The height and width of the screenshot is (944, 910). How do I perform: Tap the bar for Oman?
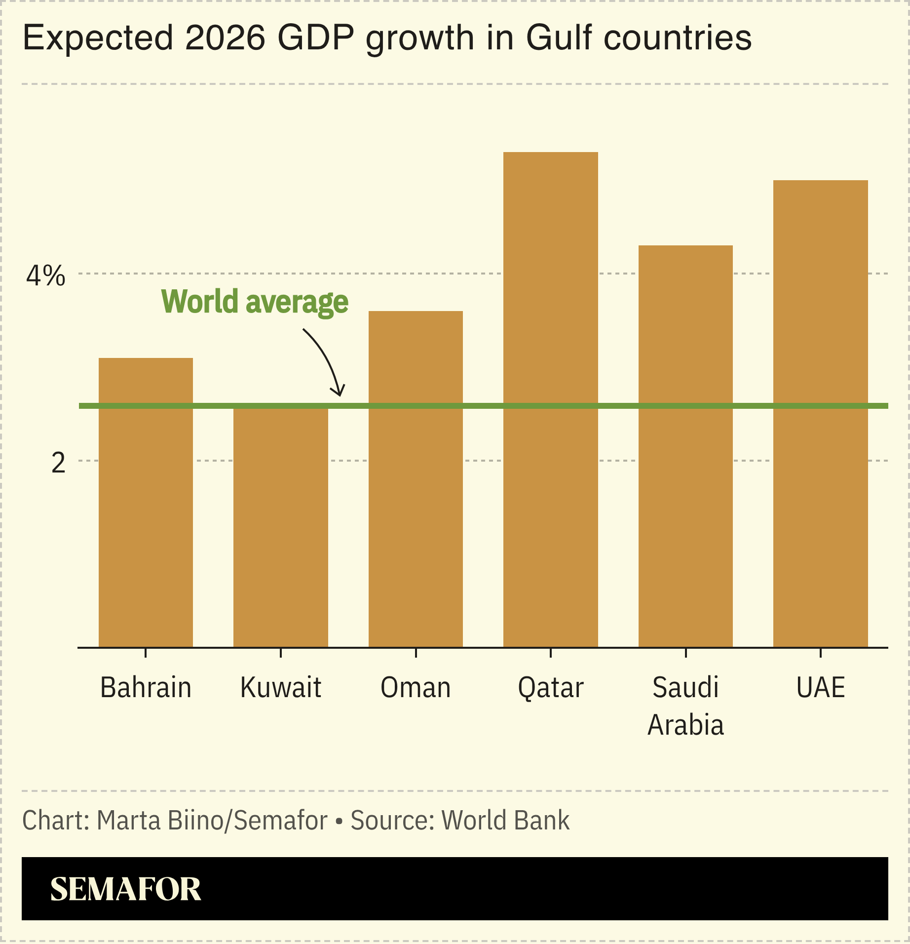[x=416, y=479]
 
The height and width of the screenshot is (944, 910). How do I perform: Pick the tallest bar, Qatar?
[x=550, y=399]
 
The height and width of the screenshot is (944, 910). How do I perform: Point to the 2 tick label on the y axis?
[x=58, y=463]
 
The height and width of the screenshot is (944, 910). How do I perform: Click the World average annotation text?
[x=255, y=302]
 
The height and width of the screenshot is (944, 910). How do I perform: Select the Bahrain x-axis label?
[x=146, y=687]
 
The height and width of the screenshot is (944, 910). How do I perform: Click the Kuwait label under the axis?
[x=280, y=687]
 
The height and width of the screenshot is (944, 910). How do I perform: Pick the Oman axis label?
[x=416, y=687]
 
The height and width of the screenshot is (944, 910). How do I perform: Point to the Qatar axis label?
[x=550, y=687]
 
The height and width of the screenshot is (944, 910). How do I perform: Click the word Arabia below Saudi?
[x=685, y=725]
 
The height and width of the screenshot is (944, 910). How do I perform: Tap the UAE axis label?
[x=820, y=687]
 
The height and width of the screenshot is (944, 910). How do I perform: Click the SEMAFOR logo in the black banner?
[x=125, y=889]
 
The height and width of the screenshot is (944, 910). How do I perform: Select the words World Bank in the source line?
[x=505, y=820]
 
